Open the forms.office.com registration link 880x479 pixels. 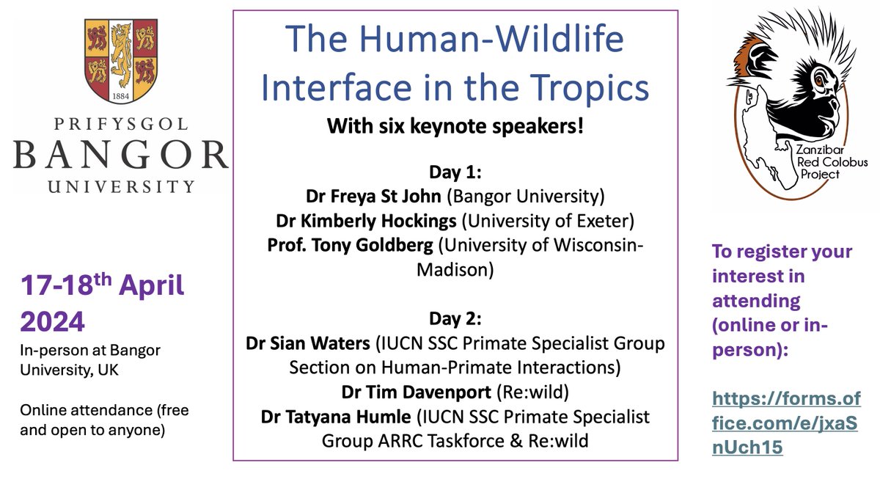pos(785,423)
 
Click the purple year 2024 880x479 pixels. pos(53,320)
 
